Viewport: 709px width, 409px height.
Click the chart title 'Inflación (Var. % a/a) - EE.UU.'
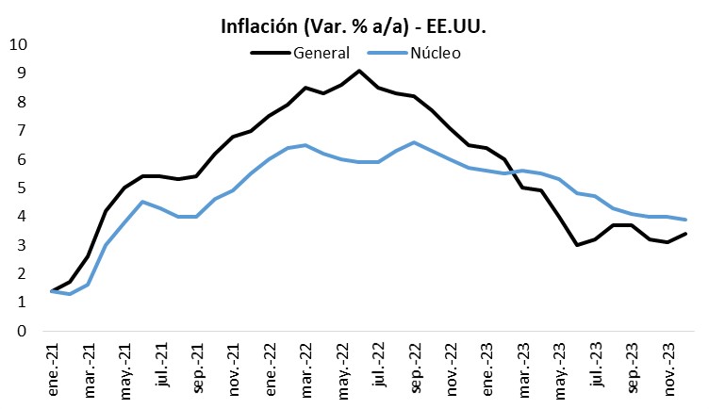tap(354, 26)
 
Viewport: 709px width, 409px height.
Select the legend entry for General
tap(322, 53)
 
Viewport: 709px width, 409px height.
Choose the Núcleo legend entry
tap(435, 53)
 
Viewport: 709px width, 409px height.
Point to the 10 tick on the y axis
tap(19, 44)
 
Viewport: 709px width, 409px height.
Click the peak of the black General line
tap(359, 71)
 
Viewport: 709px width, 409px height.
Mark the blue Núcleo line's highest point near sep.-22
tap(414, 142)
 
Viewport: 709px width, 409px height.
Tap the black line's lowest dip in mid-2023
tap(576, 245)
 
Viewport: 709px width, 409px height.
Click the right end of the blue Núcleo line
tap(684, 220)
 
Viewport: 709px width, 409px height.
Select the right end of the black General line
tap(684, 234)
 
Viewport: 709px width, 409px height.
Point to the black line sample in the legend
tap(270, 53)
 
